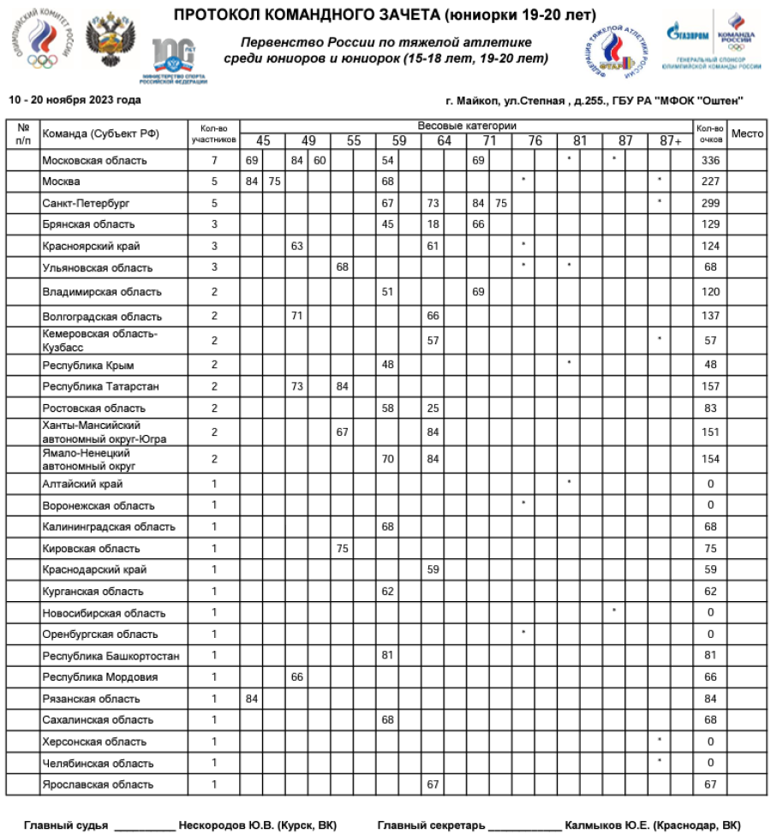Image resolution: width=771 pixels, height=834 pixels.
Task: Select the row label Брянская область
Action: coord(88,224)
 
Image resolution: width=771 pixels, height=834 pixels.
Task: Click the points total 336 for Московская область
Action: coord(710,160)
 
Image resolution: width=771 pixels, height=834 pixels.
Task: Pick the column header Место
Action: coord(747,134)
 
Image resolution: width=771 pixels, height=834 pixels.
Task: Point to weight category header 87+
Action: coord(671,141)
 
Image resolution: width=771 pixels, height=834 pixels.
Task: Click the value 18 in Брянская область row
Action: coord(433,224)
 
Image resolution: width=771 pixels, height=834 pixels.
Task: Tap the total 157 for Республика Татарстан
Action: coord(710,387)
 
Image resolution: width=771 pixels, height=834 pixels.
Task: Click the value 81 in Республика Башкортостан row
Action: coord(388,656)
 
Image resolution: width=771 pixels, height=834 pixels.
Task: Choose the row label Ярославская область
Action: coord(98,784)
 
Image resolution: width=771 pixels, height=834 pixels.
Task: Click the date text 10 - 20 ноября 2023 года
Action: coord(75,100)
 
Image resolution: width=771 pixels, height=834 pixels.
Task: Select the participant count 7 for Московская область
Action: coord(214,160)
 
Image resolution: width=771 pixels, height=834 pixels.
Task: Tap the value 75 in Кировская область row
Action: coord(343,549)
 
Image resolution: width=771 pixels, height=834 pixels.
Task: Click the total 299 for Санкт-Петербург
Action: coord(710,203)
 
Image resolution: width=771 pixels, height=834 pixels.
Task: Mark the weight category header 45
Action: coord(263,141)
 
